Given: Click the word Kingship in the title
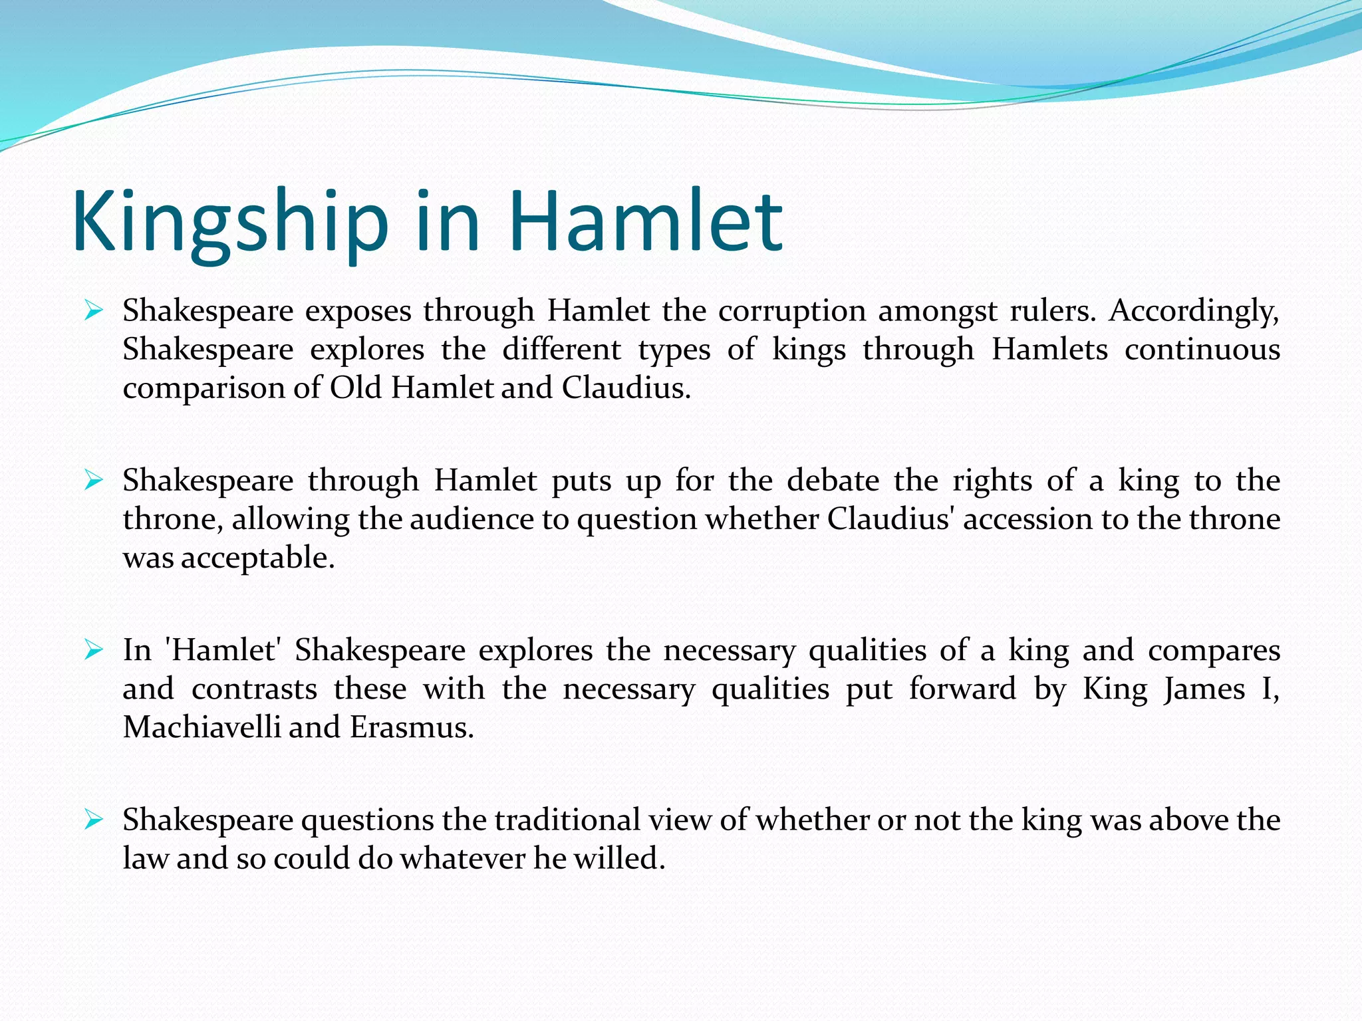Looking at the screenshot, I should click(x=229, y=222).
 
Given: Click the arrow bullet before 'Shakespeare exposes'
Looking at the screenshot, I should click(x=93, y=310).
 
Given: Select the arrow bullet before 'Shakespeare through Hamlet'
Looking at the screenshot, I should click(x=93, y=480).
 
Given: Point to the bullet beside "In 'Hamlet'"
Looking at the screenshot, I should click(x=93, y=650).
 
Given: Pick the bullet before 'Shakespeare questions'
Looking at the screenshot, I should click(x=93, y=820).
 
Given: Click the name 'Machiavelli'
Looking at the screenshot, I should click(x=201, y=727).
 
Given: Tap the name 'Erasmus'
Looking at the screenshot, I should click(x=411, y=727).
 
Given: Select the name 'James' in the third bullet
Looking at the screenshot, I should click(x=1204, y=689).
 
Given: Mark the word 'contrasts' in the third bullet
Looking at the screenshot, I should click(x=254, y=689).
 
